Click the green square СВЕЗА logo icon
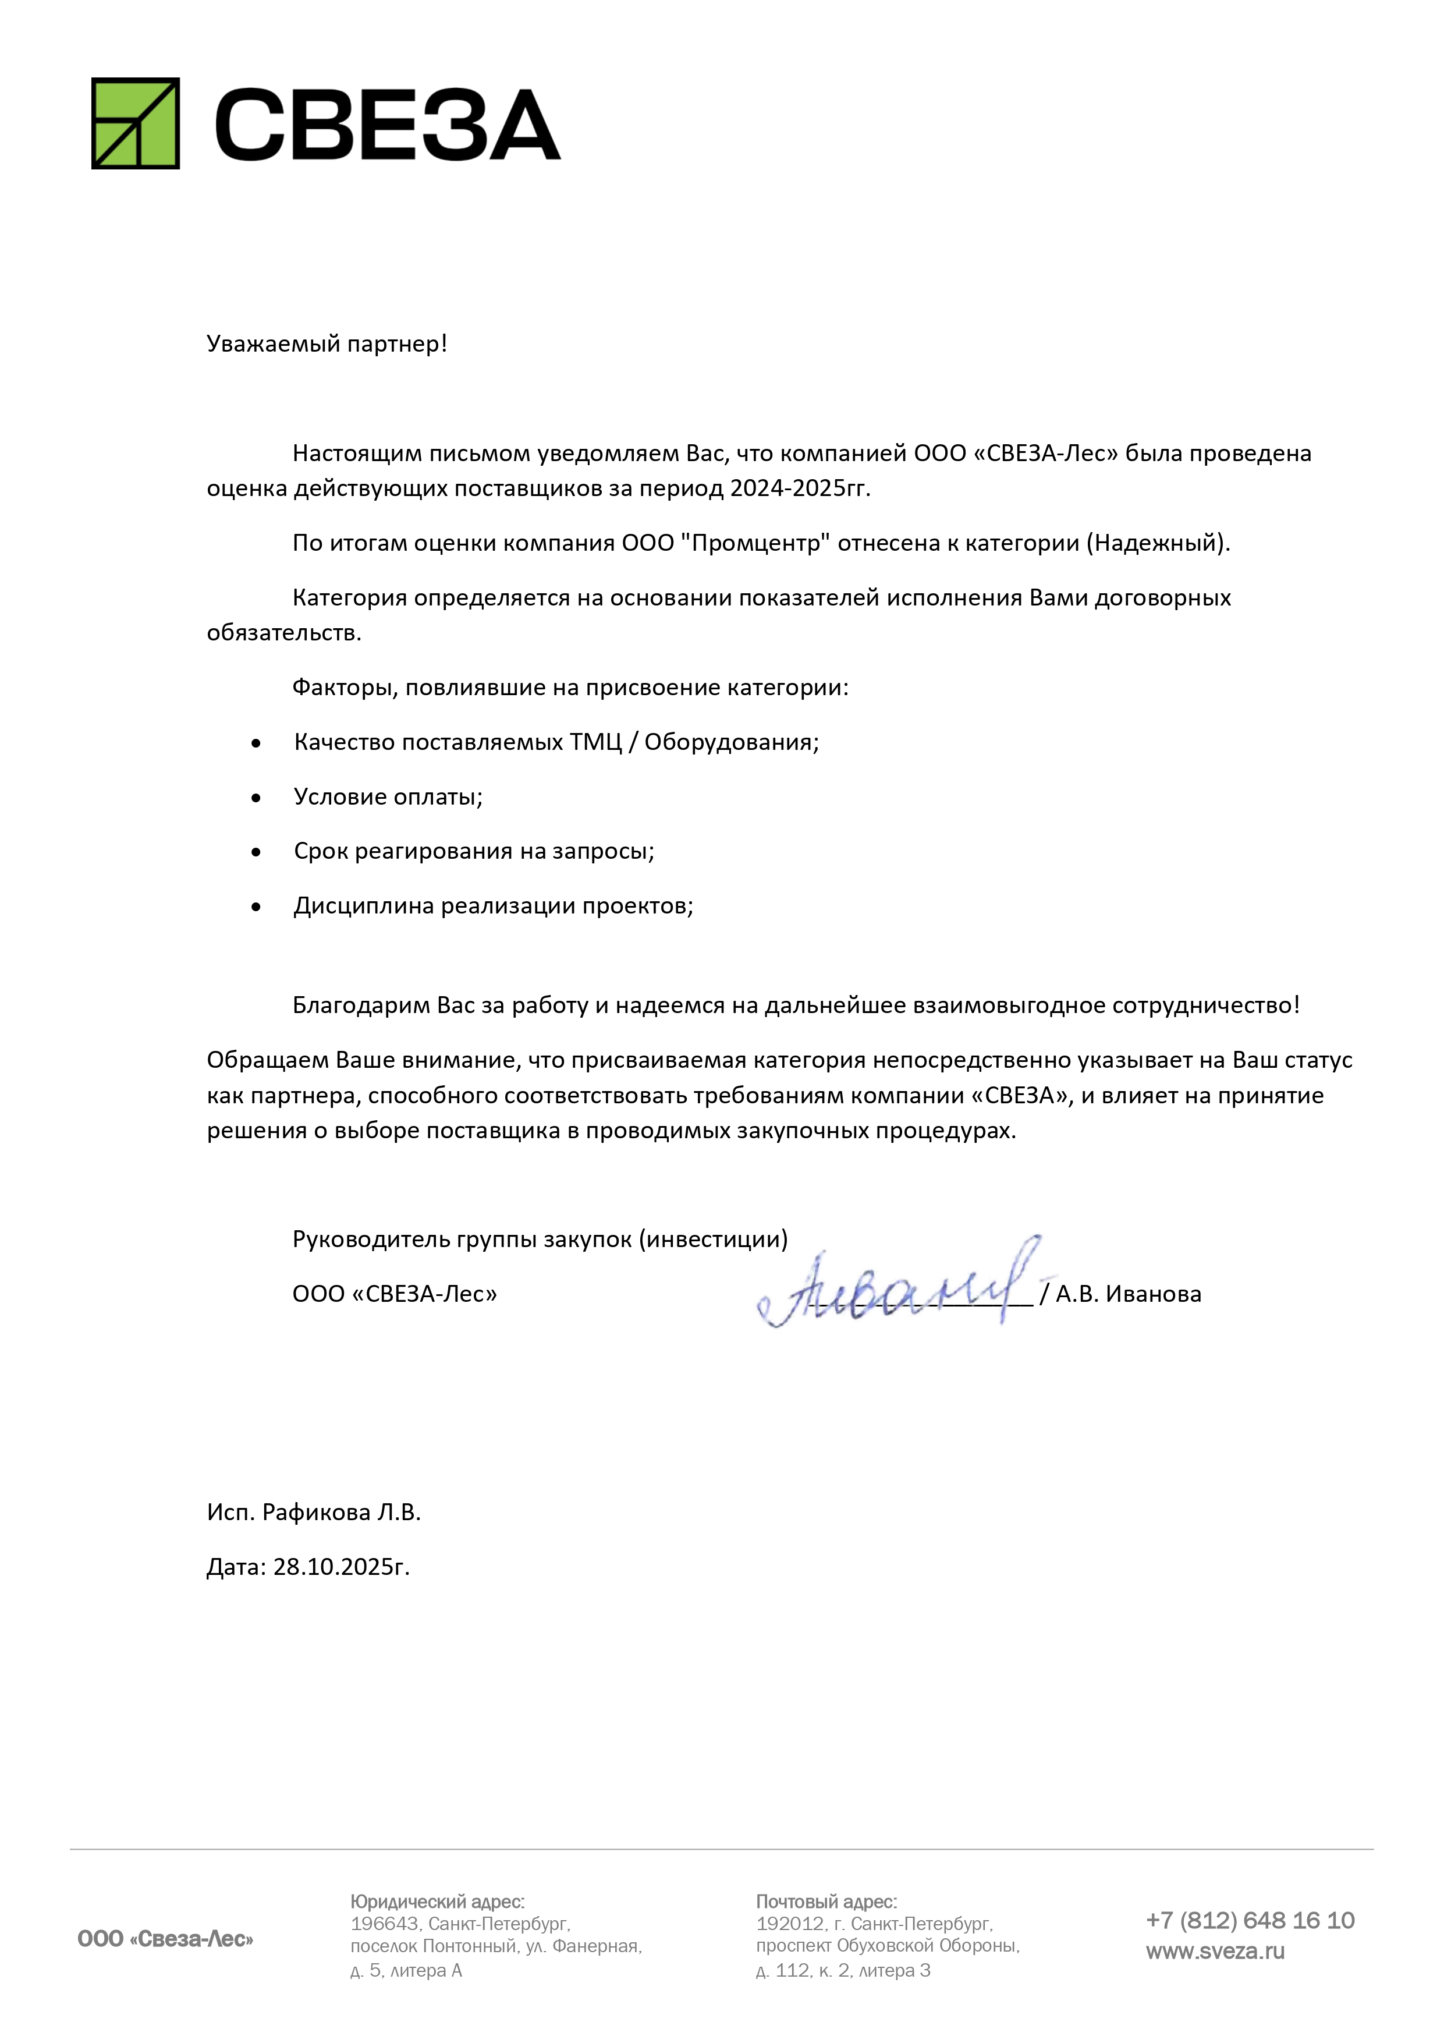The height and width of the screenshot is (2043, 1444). (x=135, y=123)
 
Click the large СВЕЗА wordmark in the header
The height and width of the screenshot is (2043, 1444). (x=387, y=125)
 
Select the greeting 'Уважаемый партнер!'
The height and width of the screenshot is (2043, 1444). (x=327, y=344)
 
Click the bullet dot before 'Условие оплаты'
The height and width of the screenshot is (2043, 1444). (x=256, y=798)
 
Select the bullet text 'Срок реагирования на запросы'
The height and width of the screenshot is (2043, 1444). (x=473, y=852)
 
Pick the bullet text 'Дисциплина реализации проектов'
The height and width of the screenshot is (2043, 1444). (x=493, y=906)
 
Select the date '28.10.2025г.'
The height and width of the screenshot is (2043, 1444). (x=340, y=1567)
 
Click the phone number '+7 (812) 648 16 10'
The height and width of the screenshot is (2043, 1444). (x=1249, y=1920)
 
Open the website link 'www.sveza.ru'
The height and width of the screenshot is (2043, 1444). (x=1215, y=1952)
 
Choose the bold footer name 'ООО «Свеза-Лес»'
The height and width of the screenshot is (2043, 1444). (x=165, y=1939)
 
